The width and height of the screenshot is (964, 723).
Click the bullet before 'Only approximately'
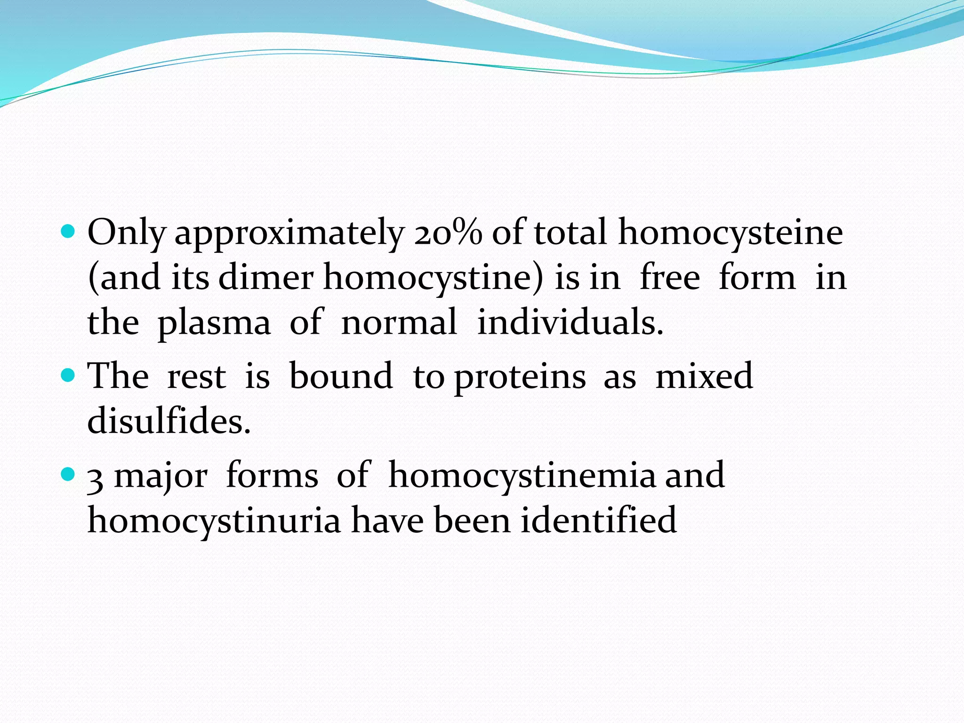tap(68, 232)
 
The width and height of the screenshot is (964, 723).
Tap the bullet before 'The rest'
tap(68, 375)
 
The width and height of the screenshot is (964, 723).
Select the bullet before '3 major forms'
tap(68, 474)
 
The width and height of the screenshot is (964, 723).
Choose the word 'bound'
tap(341, 376)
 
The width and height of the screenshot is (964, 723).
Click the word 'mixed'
tap(704, 376)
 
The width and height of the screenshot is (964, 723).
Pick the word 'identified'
tap(598, 520)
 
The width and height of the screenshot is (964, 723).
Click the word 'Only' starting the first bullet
tap(127, 233)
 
